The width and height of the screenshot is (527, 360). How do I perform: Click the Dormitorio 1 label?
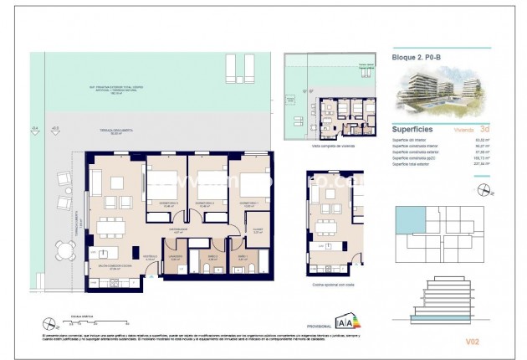[248, 203]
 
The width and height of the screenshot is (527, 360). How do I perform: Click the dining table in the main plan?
[109, 227]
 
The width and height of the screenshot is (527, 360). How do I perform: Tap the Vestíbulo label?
[148, 258]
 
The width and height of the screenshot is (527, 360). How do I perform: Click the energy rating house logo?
[343, 321]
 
